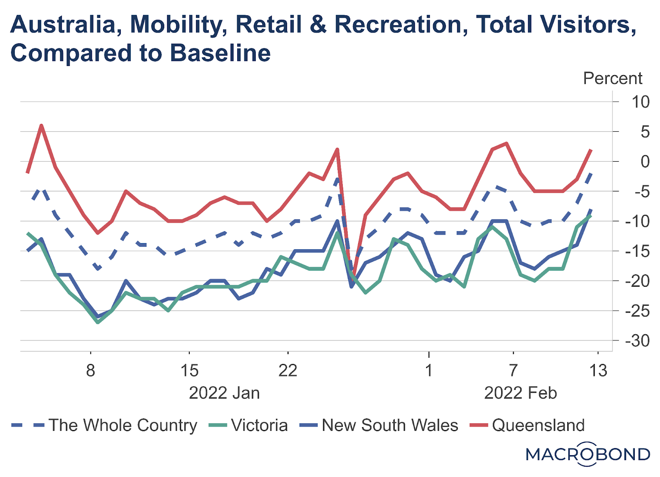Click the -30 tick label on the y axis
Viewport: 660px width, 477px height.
637,341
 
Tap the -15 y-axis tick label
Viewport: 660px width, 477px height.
637,251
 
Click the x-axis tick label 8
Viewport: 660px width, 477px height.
90,371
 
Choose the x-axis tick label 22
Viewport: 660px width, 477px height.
288,371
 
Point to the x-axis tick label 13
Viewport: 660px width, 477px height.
598,371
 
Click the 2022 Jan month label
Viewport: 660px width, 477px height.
224,393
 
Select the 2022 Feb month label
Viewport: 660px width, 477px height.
520,393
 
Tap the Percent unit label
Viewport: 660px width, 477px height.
613,78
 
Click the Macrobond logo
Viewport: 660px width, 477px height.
588,454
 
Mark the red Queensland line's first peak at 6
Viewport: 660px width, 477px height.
41,125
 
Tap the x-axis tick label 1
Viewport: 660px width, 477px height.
429,371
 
